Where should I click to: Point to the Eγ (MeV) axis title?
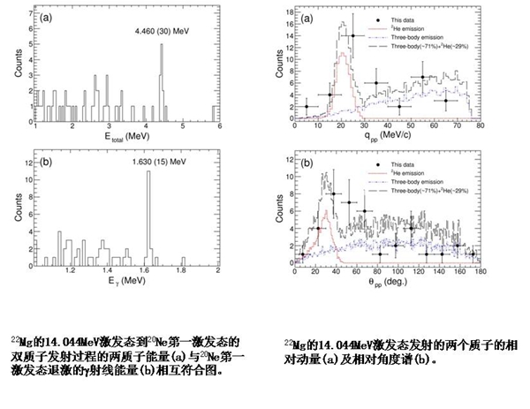point(123,280)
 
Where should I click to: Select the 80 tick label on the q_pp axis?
point(479,127)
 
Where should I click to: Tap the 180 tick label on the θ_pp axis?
point(478,270)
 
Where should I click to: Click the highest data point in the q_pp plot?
point(352,36)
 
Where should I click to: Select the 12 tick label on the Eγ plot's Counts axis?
point(27,164)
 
